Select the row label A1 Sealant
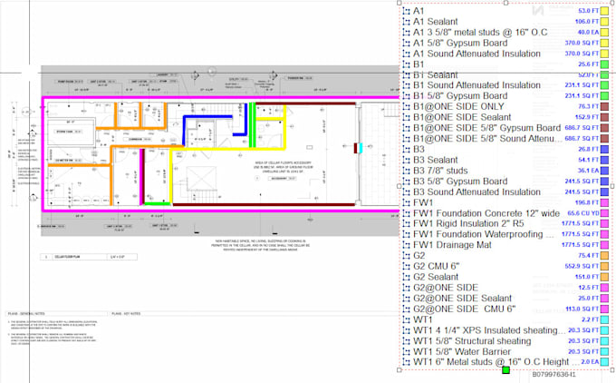[435, 21]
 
